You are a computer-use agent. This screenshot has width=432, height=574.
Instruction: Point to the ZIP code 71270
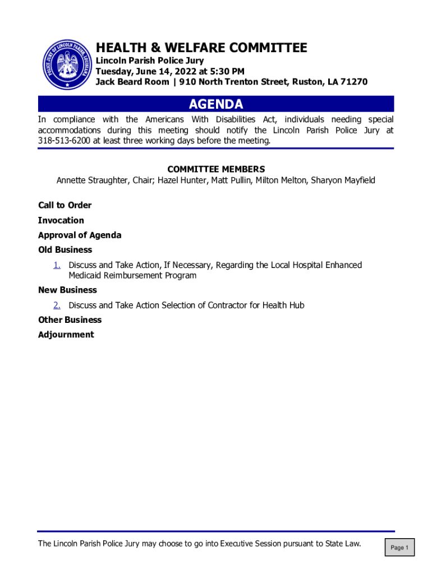[x=355, y=82]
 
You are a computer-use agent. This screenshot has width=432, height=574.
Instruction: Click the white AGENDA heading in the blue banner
[x=216, y=104]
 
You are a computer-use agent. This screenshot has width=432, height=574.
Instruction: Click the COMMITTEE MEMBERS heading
[x=216, y=169]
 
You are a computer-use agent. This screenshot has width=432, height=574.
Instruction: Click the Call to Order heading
[x=65, y=205]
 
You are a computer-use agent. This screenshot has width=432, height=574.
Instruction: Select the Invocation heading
[x=61, y=220]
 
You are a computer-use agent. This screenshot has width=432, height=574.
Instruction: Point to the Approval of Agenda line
[x=80, y=235]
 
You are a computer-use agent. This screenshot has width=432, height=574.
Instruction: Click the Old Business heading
[x=65, y=249]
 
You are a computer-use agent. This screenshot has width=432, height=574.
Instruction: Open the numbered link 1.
[x=57, y=265]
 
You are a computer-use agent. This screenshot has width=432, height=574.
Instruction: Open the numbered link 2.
[x=57, y=305]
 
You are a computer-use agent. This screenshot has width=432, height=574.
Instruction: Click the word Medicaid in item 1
[x=85, y=275]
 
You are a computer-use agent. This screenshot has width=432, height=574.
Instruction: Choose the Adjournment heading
[x=66, y=335]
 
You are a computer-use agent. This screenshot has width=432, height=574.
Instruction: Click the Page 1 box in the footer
[x=399, y=548]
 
